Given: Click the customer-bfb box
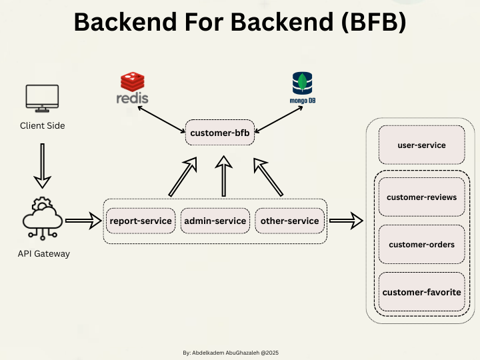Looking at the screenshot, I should [219, 133].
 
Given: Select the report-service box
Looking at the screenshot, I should [141, 221].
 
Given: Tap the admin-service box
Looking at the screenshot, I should [215, 221].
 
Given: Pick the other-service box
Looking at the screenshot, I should [290, 221].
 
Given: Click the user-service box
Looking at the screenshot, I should [421, 145].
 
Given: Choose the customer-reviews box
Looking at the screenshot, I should [421, 197].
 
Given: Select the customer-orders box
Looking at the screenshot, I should [421, 245].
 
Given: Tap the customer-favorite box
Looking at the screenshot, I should [421, 292].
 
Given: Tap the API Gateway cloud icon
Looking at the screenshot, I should [43, 217].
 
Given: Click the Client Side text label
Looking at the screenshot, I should [43, 125].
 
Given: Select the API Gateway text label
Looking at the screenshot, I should [43, 253].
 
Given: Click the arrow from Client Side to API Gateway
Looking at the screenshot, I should [43, 165].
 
